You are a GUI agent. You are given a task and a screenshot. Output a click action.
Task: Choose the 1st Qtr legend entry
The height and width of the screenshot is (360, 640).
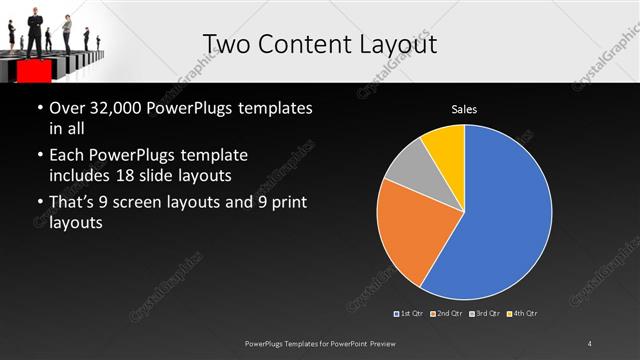click(x=409, y=314)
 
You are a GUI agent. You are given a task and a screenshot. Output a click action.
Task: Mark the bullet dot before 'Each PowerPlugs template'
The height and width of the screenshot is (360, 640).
click(x=38, y=156)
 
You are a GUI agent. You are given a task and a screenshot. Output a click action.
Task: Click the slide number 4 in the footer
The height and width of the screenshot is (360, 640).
click(x=590, y=343)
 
